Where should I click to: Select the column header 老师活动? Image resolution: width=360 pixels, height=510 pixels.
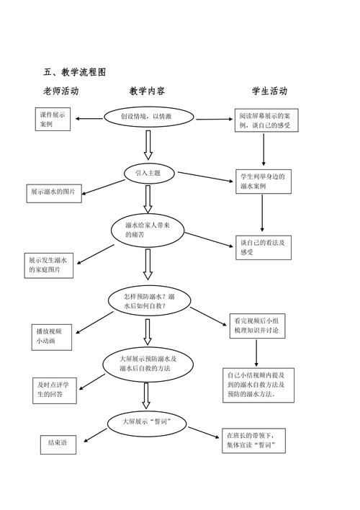click(60, 91)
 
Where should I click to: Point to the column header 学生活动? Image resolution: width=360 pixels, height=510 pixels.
click(269, 91)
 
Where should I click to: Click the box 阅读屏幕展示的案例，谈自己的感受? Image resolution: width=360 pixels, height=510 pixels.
click(266, 120)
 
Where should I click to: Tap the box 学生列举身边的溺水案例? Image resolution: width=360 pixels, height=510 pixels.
click(264, 181)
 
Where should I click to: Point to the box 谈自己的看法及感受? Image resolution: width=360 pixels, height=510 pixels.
click(264, 248)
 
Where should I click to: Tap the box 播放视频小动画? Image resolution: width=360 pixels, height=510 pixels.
click(53, 336)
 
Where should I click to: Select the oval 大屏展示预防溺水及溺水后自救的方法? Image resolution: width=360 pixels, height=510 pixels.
click(148, 364)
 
